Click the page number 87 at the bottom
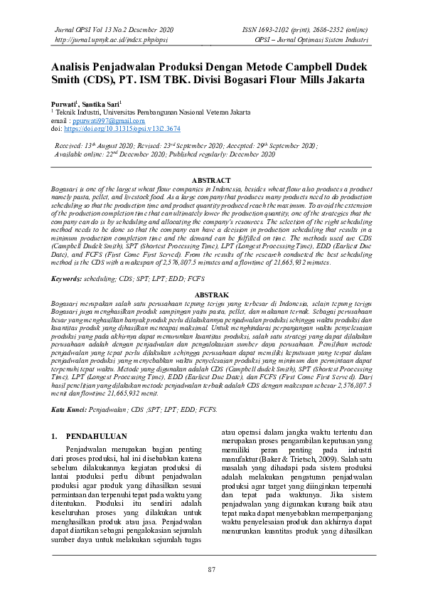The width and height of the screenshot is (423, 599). pos(211,570)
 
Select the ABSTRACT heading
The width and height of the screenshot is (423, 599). pos(211,181)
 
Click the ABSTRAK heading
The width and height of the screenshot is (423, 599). pos(211,293)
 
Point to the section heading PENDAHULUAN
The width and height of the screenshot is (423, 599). pos(96,435)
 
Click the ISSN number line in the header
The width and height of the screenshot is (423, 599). pos(306,31)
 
